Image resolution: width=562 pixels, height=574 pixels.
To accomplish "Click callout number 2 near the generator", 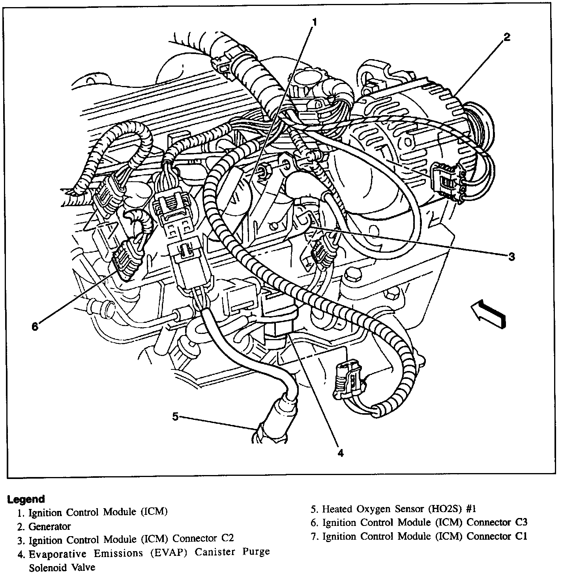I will point(506,37).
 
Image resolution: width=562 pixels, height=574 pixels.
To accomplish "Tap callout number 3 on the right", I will point(511,257).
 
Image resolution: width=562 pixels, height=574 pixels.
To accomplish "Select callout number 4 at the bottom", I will point(340,453).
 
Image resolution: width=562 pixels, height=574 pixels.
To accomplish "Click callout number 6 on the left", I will point(35,327).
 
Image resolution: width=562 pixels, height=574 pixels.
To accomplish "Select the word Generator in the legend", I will point(50,526).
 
